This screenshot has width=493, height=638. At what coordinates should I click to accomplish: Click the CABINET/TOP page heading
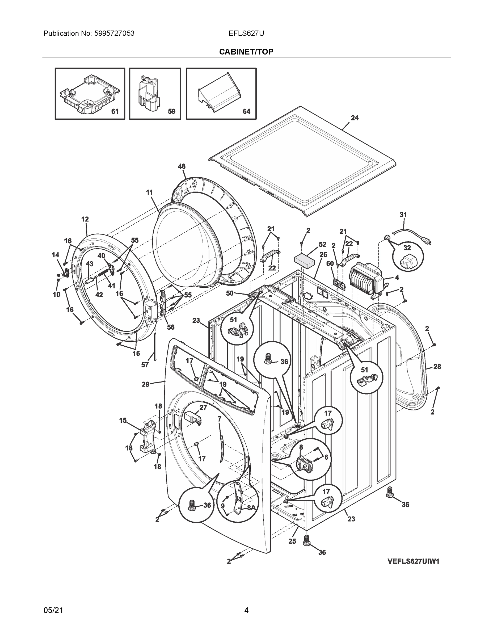coord(246,52)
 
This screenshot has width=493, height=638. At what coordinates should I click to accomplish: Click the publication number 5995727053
coord(114,33)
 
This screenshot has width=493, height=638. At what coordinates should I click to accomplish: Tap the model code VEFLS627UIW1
coord(413,561)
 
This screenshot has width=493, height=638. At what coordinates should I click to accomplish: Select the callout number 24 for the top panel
coord(355,118)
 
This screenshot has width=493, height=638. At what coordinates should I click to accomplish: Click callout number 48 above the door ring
coord(182,166)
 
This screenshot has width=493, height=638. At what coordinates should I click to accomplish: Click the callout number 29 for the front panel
coord(145,384)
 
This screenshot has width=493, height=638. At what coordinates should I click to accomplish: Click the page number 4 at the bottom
coord(246,610)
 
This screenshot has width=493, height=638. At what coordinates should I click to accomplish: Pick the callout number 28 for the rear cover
coord(437,367)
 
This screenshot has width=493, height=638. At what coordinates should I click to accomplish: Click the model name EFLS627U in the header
coord(246,33)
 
